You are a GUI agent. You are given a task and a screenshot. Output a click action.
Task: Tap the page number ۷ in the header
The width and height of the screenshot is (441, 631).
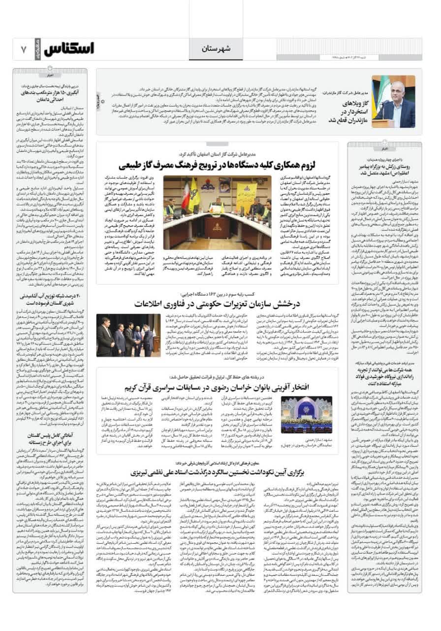click(x=23, y=49)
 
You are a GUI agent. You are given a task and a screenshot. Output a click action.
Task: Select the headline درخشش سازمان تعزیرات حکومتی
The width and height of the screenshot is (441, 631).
click(x=222, y=303)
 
